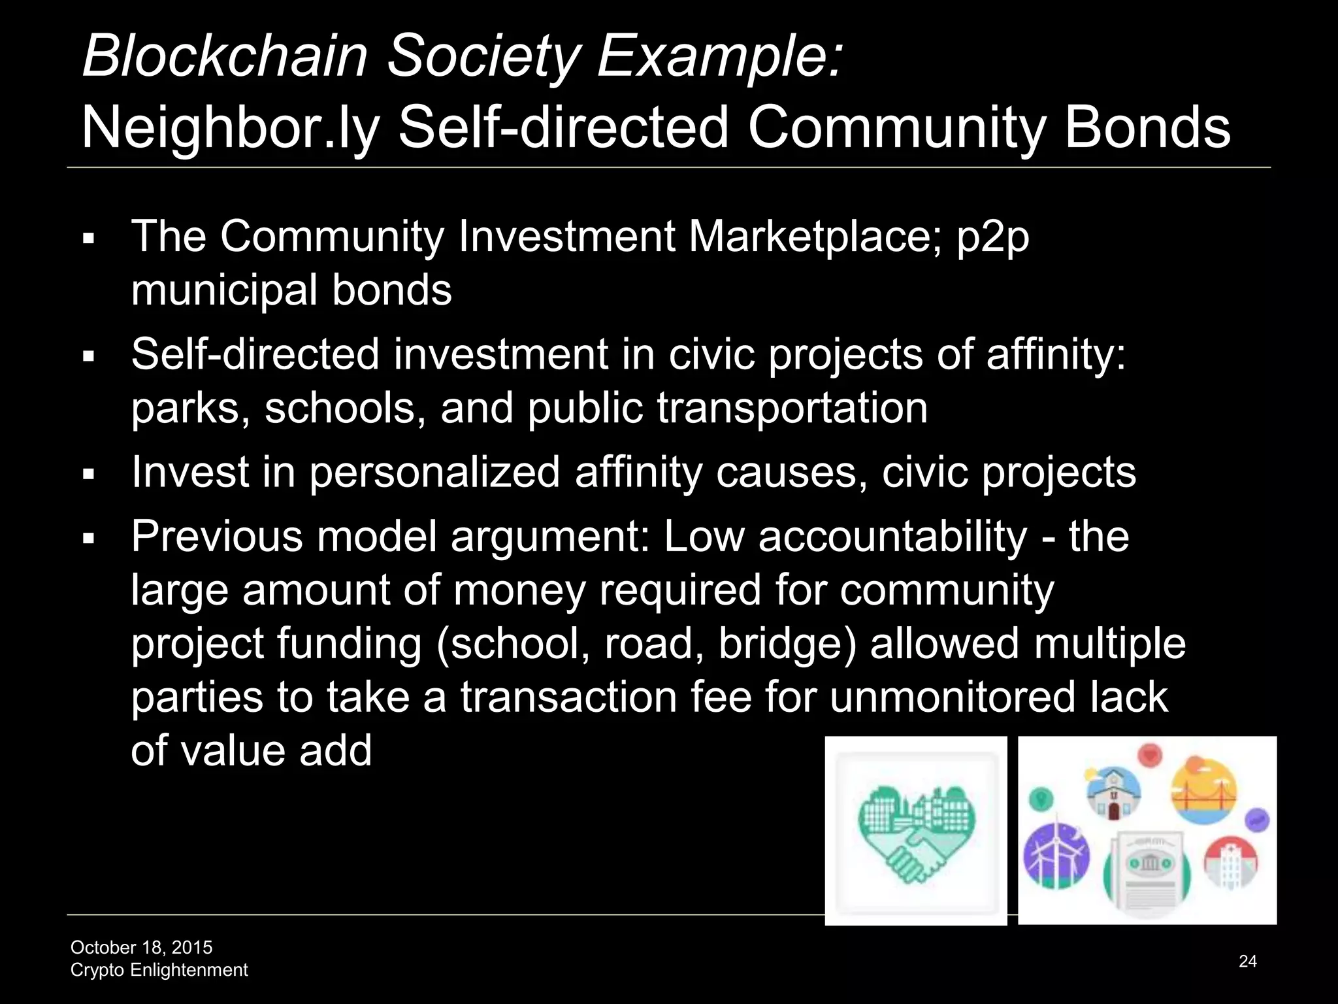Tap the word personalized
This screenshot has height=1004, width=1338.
click(434, 473)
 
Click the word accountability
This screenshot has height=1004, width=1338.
click(892, 537)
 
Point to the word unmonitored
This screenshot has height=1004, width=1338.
click(953, 697)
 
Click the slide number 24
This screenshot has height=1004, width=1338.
click(1247, 961)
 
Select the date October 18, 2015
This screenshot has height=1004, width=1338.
click(141, 947)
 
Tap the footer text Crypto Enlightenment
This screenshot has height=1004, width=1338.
click(159, 970)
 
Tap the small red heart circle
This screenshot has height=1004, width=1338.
click(1149, 756)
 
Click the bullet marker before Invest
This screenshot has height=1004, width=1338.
click(90, 474)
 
